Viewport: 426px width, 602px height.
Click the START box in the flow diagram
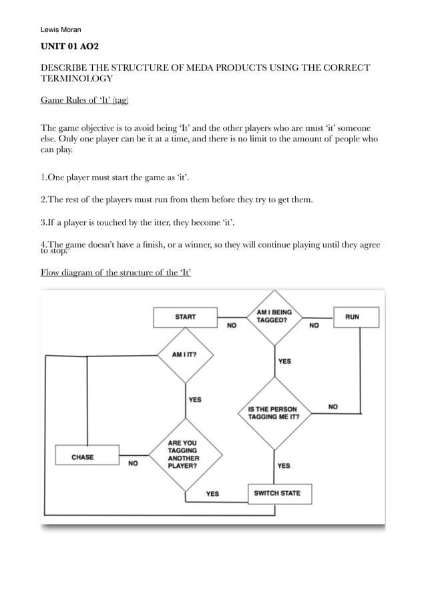[x=185, y=317]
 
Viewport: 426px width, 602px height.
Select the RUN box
[x=356, y=317]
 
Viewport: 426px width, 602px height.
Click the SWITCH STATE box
[x=279, y=494]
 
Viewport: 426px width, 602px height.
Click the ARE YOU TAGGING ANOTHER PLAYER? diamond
[x=184, y=455]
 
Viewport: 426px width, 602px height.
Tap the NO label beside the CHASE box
[x=134, y=463]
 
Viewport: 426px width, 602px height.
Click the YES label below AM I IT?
[x=195, y=400]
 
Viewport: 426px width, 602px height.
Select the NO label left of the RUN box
[x=314, y=326]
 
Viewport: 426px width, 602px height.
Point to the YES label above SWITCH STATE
[x=284, y=465]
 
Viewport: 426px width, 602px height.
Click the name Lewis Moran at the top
[x=61, y=29]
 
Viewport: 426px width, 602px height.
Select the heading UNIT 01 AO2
[x=69, y=47]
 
